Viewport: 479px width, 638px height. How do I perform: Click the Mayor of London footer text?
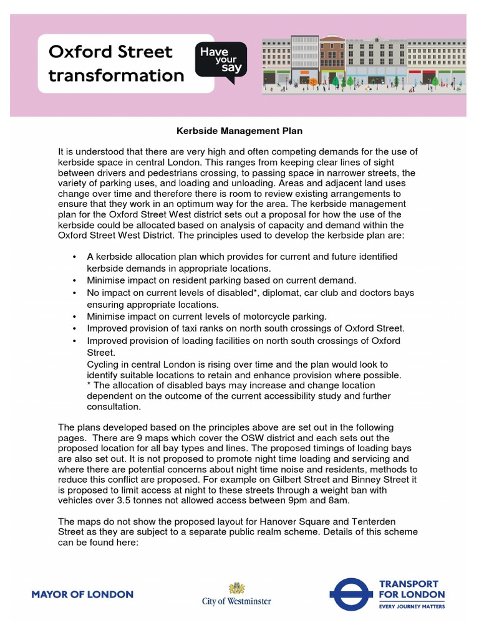(x=82, y=594)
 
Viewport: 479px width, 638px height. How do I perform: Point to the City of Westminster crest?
(x=236, y=588)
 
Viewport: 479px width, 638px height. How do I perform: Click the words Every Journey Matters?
(x=412, y=606)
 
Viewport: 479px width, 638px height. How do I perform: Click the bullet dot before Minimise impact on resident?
(x=74, y=281)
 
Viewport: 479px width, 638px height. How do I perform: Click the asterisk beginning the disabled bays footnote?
(x=89, y=385)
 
